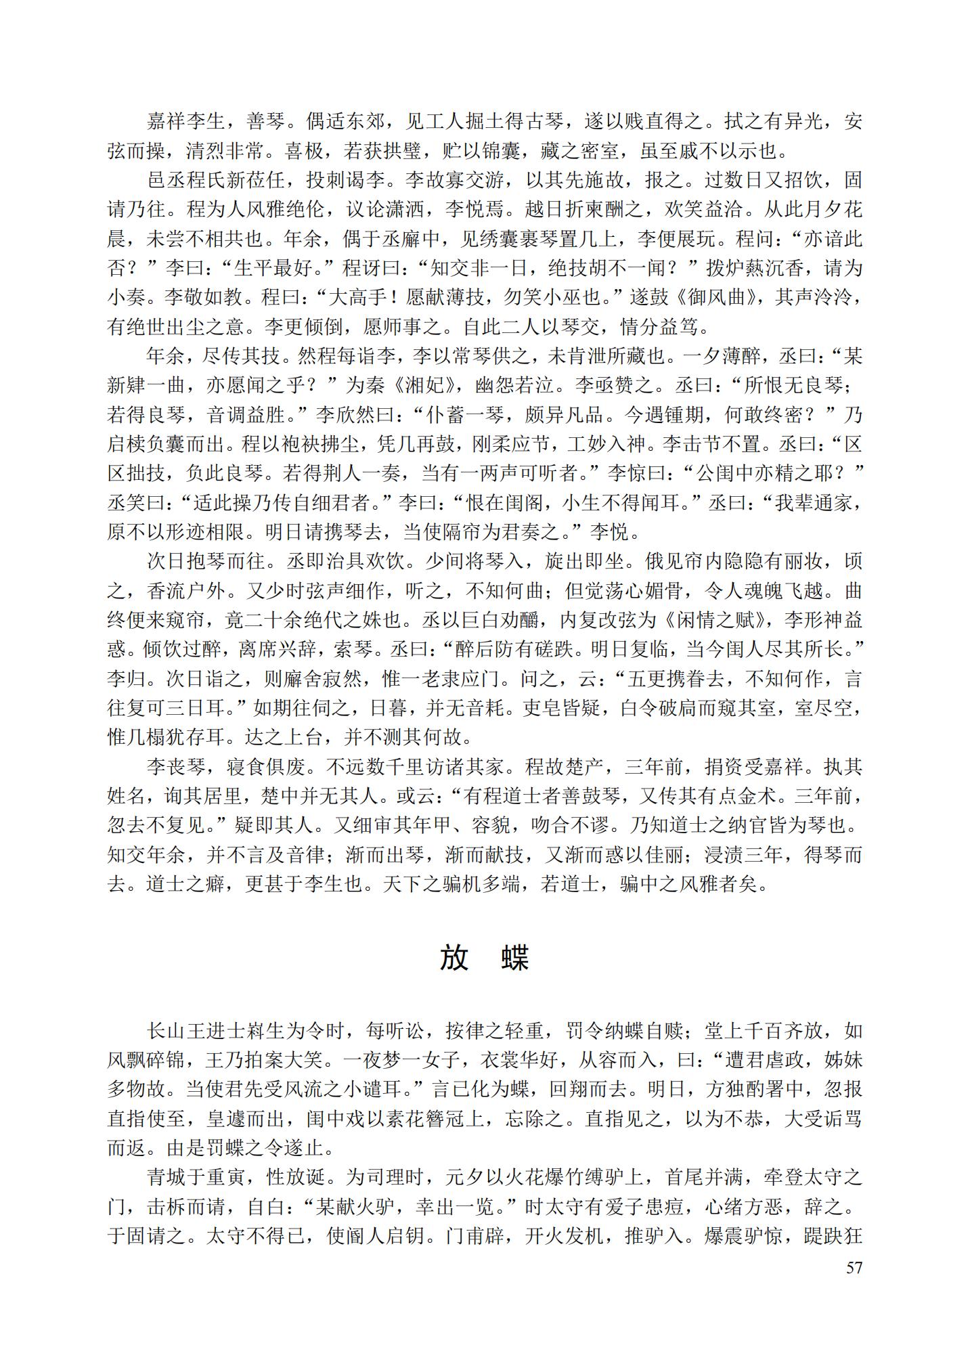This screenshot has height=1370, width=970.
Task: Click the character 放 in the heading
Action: (454, 958)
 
